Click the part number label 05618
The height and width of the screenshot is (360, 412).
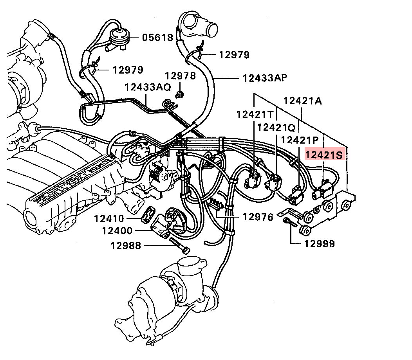[x=157, y=38]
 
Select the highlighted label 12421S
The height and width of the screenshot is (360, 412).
[x=324, y=155]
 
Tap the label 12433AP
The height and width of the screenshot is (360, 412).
[x=264, y=78]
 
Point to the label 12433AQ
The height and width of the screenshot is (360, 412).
[x=148, y=87]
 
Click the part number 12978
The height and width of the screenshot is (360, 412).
[x=180, y=76]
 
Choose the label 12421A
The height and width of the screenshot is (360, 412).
[x=303, y=101]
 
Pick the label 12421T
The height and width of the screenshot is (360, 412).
[x=255, y=114]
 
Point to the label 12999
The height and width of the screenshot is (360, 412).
[x=320, y=244]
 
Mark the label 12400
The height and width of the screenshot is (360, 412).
[x=117, y=230]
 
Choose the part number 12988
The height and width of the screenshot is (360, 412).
[x=126, y=246]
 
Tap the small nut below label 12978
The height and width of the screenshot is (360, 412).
[x=180, y=94]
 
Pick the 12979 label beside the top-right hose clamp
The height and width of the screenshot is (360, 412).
[x=234, y=55]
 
